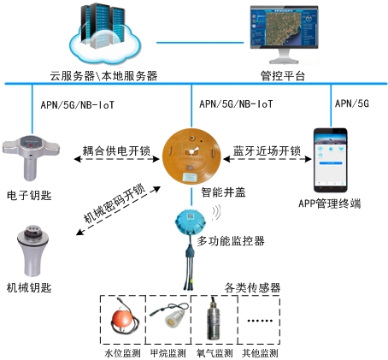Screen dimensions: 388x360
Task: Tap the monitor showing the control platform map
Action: pyautogui.click(x=284, y=33)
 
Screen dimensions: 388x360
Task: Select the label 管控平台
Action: pyautogui.click(x=283, y=76)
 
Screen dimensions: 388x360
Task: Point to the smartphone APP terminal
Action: pyautogui.click(x=331, y=160)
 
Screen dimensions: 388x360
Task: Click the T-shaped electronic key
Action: pyautogui.click(x=31, y=156)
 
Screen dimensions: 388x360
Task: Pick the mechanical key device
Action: pyautogui.click(x=32, y=251)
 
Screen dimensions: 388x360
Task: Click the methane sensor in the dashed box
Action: pyautogui.click(x=170, y=315)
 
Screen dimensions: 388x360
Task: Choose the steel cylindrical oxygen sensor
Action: pyautogui.click(x=214, y=319)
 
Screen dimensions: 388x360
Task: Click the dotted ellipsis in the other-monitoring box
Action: pyautogui.click(x=260, y=321)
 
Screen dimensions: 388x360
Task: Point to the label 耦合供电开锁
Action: pyautogui.click(x=116, y=150)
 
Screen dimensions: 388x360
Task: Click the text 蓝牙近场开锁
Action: pyautogui.click(x=267, y=150)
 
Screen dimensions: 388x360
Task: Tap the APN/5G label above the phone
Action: pyautogui.click(x=352, y=103)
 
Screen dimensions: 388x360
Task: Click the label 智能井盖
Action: pyautogui.click(x=223, y=192)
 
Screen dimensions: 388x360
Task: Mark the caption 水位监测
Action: pyautogui.click(x=122, y=353)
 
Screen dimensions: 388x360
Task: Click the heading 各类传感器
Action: pyautogui.click(x=252, y=288)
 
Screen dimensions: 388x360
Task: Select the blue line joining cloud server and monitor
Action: pyautogui.click(x=200, y=43)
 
